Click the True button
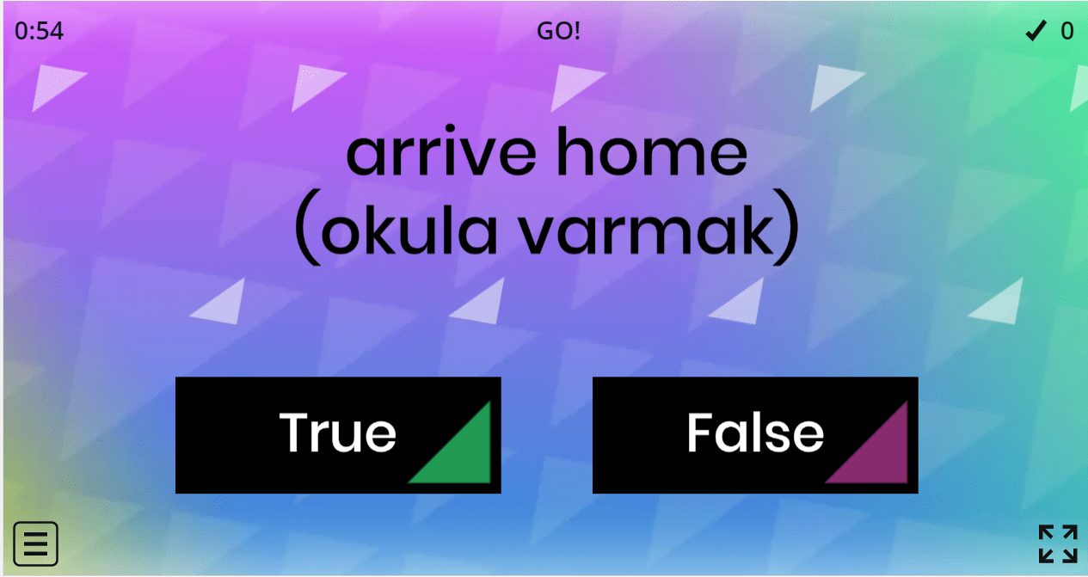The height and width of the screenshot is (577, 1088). (338, 435)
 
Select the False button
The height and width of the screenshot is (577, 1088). (755, 435)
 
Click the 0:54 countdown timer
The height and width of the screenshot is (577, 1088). (39, 31)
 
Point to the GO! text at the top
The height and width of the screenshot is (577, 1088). (558, 31)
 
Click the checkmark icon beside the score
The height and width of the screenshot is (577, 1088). (1036, 31)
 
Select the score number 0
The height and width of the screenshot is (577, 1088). (1067, 31)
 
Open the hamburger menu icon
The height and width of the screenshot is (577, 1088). (36, 544)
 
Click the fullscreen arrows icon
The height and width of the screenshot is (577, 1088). (1059, 544)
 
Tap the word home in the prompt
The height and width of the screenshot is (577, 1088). (652, 150)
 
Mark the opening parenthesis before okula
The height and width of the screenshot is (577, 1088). (308, 227)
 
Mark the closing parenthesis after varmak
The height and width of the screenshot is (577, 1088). (786, 227)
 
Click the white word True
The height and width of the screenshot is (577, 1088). (337, 433)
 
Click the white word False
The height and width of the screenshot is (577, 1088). (755, 433)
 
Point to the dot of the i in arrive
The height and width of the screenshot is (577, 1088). (450, 129)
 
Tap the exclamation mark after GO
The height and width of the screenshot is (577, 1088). (576, 31)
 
